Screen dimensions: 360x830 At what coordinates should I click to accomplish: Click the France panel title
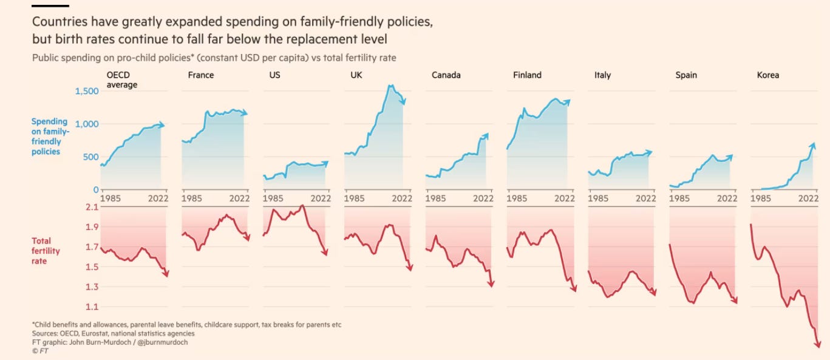tap(201, 75)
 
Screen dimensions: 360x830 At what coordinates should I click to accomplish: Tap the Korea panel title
tap(767, 75)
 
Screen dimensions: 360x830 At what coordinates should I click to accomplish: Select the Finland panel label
tap(527, 75)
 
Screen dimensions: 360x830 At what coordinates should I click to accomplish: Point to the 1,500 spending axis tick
tap(86, 91)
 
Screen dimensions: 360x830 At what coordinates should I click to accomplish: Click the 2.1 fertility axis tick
tap(92, 208)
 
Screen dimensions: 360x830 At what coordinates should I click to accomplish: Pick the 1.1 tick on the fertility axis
tap(92, 307)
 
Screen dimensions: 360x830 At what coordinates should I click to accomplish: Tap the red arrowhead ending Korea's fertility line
tap(818, 344)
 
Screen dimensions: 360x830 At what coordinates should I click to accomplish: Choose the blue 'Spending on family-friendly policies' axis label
tap(50, 137)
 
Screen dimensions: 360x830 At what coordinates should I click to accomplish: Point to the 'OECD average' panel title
tap(121, 80)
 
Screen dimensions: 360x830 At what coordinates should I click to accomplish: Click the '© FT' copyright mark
tap(39, 350)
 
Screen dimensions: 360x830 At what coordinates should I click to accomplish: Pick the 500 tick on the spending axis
tap(90, 157)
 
